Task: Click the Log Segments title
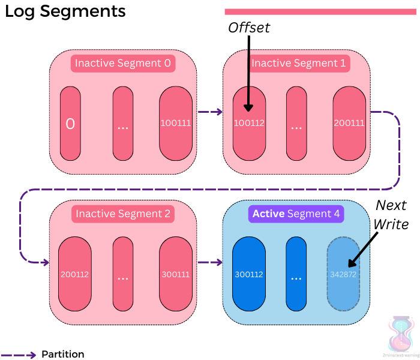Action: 65,11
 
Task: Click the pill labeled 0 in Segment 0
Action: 70,123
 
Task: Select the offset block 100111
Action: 175,123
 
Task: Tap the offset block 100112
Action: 248,123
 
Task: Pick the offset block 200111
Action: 350,123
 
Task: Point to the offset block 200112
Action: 74,274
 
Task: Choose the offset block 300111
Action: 175,274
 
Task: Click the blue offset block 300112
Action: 248,274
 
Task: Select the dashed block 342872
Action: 343,274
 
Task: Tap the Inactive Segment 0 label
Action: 123,63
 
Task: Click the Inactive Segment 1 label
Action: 299,63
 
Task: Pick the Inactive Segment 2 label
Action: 123,214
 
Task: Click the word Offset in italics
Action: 249,28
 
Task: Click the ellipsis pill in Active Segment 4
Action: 296,274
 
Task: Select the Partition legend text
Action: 63,354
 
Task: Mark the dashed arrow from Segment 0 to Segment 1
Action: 209,112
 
